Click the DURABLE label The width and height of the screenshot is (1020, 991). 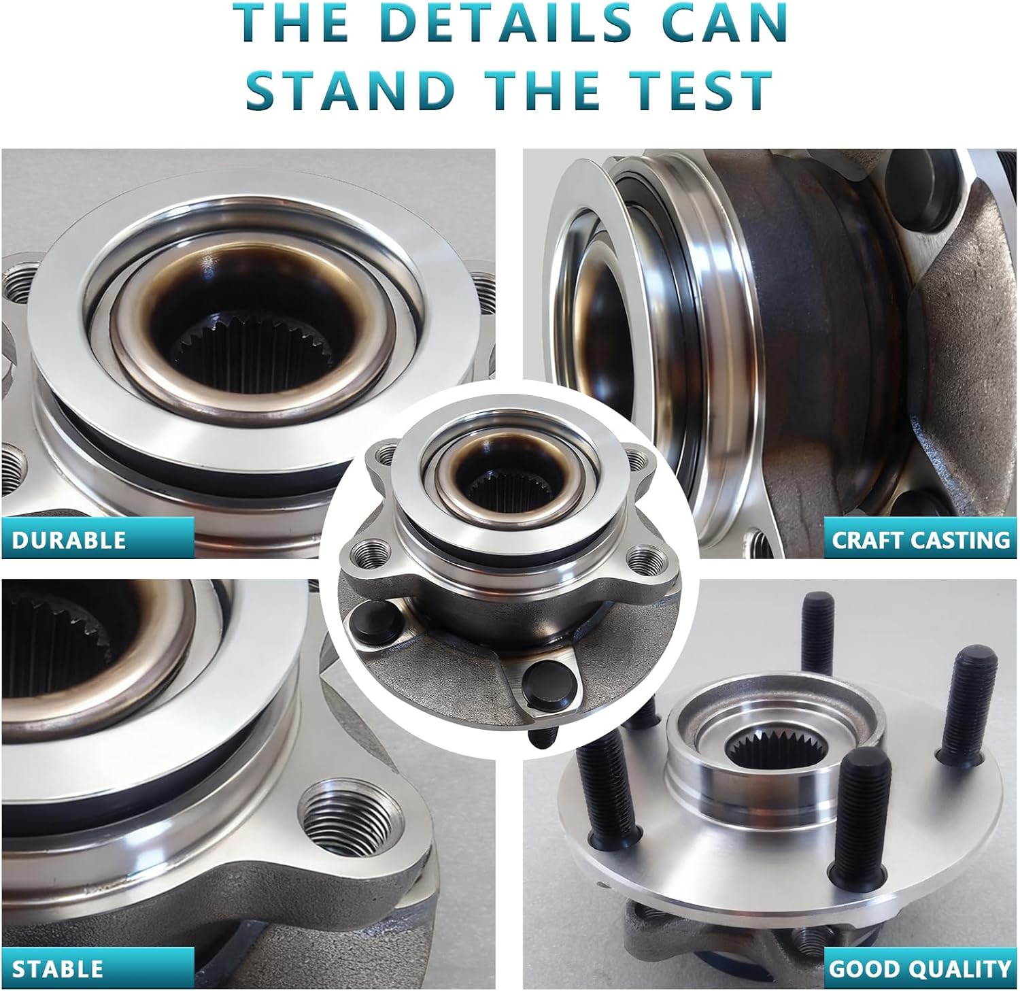coord(69,539)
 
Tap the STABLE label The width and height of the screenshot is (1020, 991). coord(58,968)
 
